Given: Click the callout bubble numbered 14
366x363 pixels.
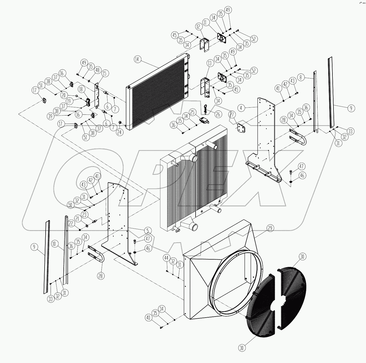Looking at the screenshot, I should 137,59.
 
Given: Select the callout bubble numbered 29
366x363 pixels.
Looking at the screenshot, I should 270,228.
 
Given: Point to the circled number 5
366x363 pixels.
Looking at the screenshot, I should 148,231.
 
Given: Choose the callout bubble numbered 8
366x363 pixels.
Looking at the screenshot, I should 301,77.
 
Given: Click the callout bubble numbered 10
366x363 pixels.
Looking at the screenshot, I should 54,244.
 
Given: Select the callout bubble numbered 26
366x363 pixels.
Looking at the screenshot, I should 218,114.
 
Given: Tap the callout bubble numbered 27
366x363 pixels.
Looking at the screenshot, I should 232,115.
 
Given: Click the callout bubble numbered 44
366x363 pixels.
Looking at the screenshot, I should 166,258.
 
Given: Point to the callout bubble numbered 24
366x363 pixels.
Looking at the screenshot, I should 120,132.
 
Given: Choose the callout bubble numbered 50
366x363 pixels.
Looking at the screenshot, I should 70,205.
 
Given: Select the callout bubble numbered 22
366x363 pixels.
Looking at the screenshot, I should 71,223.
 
